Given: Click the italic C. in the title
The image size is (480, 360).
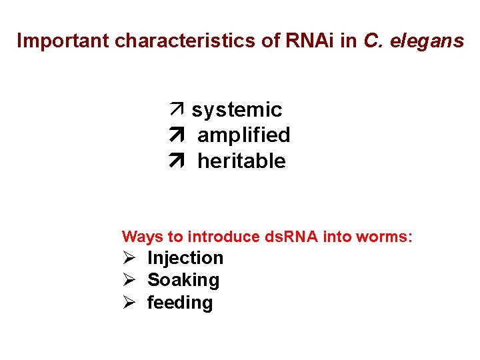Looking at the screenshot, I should click(x=373, y=41).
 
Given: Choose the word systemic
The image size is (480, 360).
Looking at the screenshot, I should click(x=237, y=110).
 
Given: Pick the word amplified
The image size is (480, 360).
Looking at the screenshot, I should click(x=243, y=135).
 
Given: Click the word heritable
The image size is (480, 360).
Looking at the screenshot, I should click(x=241, y=161).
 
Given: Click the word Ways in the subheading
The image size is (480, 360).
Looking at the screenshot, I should click(x=139, y=237).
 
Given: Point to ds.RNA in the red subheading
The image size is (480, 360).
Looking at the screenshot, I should click(x=293, y=237).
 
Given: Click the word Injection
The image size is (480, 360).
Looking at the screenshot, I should click(x=185, y=258).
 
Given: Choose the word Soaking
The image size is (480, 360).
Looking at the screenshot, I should click(x=183, y=280).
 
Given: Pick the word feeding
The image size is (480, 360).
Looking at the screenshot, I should click(x=179, y=303).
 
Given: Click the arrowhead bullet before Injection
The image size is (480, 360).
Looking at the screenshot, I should click(x=129, y=258).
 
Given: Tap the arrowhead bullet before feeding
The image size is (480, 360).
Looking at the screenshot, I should click(x=129, y=303).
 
